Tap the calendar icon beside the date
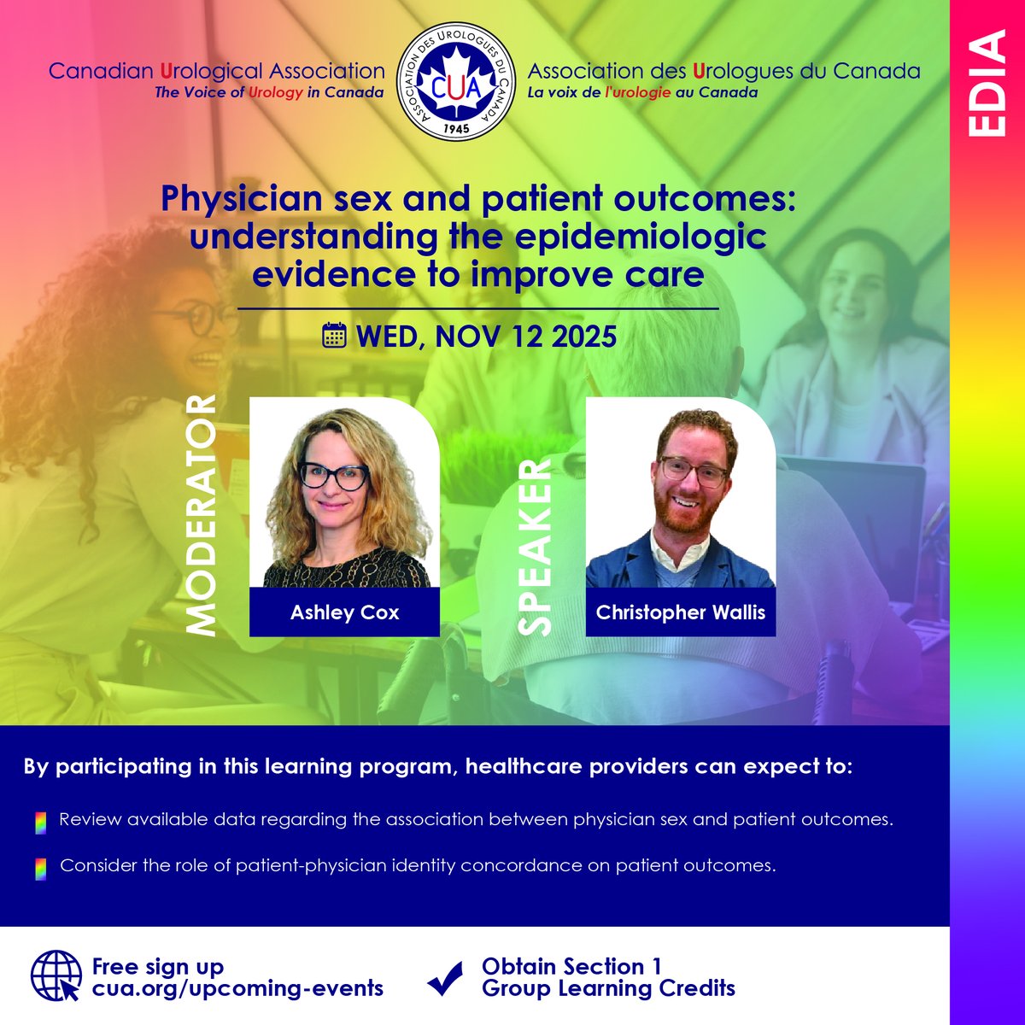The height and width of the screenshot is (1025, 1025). pos(334,336)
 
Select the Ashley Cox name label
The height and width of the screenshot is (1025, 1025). pos(343,612)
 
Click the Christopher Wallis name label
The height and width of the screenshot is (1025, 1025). pos(681,612)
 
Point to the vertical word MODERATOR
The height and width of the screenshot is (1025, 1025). pos(202,515)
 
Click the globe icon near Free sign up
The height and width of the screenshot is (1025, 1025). pos(56,976)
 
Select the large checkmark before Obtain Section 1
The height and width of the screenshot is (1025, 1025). pos(444,979)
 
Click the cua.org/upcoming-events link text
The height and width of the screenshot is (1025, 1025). pos(237,989)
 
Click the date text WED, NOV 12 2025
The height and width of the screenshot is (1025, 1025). pos(487,336)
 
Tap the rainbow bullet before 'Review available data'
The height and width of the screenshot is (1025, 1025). pos(38,822)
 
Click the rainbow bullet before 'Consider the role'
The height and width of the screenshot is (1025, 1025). pos(38,868)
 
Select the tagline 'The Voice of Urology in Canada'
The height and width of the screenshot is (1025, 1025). pos(268,93)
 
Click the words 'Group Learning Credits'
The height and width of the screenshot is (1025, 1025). pos(608,989)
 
